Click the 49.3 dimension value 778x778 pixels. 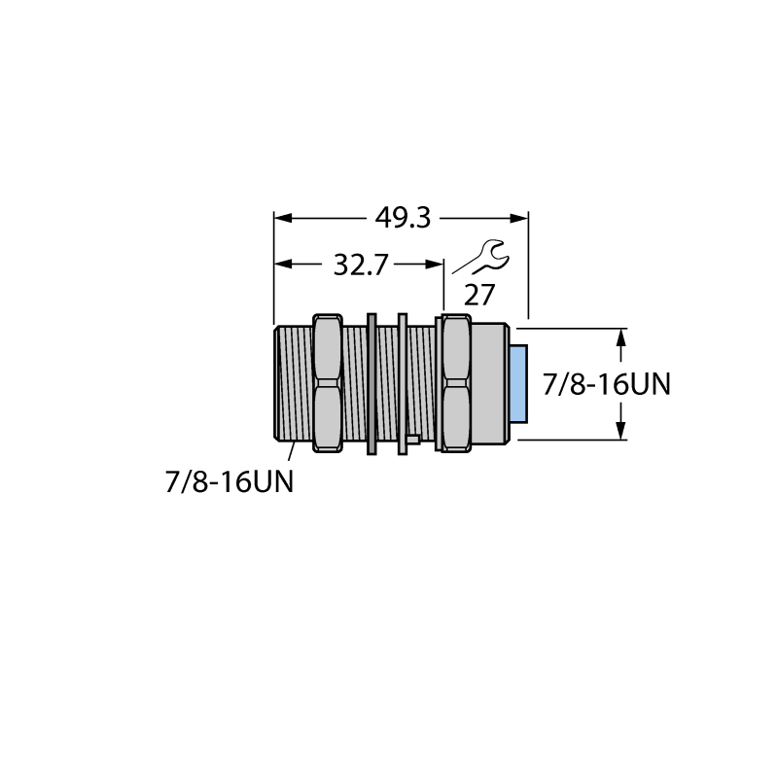click(x=403, y=218)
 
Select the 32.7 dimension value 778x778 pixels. click(x=360, y=265)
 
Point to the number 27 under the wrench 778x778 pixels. click(x=479, y=296)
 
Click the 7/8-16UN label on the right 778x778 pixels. click(x=606, y=384)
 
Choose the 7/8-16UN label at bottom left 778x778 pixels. click(x=230, y=481)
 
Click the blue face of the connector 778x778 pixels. click(x=519, y=383)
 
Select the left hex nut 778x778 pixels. click(x=328, y=383)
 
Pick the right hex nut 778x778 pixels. click(x=456, y=383)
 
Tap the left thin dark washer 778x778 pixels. click(x=371, y=383)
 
